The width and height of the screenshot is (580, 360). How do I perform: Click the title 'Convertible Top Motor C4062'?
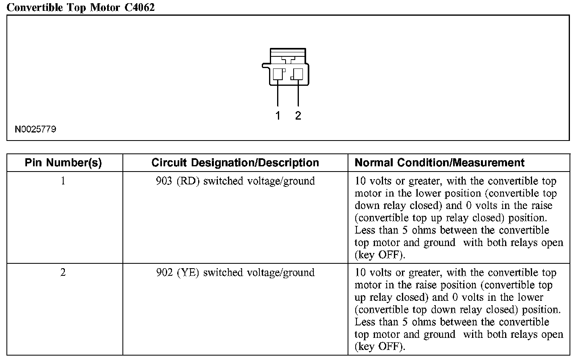81,7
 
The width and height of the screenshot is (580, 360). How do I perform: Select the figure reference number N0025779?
35,129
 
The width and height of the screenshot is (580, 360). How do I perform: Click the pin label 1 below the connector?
278,116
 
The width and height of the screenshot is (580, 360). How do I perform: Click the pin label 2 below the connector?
298,116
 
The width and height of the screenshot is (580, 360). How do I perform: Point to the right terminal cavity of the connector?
298,74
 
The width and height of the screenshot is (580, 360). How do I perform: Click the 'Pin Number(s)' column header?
63,163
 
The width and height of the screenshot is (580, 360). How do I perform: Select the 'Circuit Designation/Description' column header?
235,163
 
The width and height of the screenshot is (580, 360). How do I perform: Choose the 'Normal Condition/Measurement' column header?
439,163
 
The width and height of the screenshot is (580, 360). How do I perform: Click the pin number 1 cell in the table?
63,181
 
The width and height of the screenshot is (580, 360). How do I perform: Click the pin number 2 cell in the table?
63,273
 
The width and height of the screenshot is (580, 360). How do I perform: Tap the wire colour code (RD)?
188,181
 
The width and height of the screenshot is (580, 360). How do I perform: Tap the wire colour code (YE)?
188,273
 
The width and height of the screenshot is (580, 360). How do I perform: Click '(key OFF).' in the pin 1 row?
380,255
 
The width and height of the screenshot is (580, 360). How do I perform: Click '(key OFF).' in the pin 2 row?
380,346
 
